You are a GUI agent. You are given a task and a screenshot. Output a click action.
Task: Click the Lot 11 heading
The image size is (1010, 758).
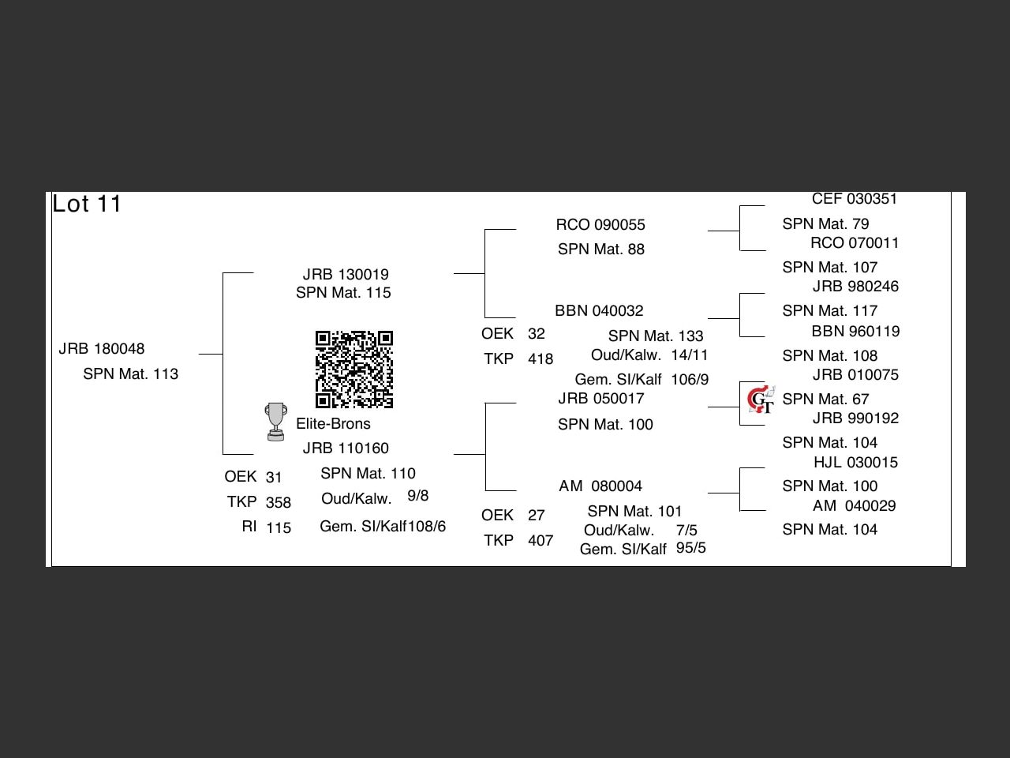87,204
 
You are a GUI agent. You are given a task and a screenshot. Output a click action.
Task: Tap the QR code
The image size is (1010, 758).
354,369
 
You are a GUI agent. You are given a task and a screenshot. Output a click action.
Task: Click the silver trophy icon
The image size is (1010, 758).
275,422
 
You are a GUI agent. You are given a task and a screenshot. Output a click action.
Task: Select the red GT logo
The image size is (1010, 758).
761,400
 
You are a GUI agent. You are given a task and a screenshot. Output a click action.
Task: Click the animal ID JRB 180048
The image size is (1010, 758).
102,349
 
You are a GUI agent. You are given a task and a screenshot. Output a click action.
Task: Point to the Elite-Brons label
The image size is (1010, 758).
333,424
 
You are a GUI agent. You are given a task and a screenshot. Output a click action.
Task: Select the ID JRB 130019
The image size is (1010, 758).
346,275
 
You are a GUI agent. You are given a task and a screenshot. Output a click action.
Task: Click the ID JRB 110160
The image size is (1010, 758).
346,448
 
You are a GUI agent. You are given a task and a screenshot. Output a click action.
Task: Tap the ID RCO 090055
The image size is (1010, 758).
600,225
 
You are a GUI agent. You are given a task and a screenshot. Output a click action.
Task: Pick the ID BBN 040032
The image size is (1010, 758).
599,311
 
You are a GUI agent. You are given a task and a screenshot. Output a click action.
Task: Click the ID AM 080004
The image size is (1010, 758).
600,486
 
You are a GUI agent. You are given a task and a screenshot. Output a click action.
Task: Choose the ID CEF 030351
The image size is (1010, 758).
855,199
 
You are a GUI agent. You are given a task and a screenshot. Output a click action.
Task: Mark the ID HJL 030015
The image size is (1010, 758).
855,463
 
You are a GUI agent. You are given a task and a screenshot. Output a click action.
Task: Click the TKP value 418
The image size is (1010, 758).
541,359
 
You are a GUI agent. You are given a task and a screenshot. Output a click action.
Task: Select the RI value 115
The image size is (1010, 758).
279,528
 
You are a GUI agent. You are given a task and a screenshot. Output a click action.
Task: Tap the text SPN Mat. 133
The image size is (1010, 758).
656,336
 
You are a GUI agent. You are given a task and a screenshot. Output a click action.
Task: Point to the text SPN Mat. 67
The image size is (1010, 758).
825,400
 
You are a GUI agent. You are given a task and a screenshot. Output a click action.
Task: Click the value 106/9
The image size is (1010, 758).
690,380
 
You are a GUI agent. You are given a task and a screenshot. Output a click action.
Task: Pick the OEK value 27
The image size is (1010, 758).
537,516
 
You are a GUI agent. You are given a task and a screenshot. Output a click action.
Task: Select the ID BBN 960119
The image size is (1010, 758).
855,332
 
